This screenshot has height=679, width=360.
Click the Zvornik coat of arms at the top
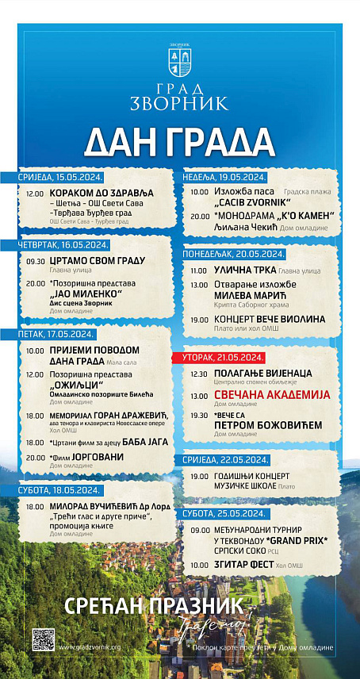pos(179,60)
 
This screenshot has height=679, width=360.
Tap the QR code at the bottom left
pos(43,639)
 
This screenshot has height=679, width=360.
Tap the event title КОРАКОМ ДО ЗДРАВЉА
pos(101,194)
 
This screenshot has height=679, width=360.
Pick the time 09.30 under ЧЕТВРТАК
pos(36,261)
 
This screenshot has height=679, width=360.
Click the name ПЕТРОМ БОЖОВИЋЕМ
pos(268,425)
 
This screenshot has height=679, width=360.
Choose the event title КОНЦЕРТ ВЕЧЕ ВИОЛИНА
pos(269,319)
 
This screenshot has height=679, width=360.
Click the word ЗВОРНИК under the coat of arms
pos(179,102)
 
